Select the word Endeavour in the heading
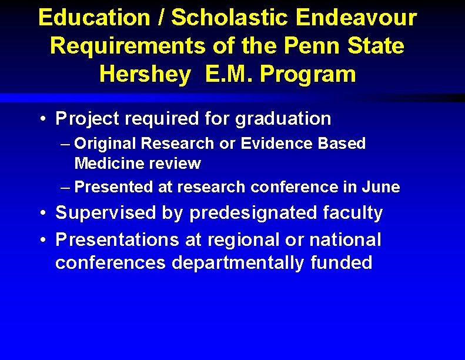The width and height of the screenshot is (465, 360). click(x=357, y=18)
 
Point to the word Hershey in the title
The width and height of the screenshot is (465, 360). click(x=145, y=75)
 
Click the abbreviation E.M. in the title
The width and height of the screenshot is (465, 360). click(x=229, y=75)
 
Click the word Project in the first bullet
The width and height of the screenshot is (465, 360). click(x=86, y=119)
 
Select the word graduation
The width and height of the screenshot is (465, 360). click(x=283, y=119)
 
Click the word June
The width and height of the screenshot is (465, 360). click(x=381, y=188)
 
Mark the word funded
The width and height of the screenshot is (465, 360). click(x=342, y=263)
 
